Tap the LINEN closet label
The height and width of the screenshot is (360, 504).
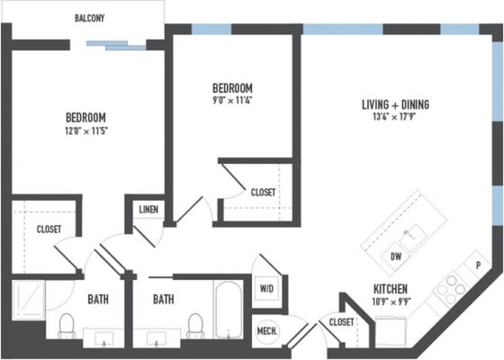[x=148, y=210]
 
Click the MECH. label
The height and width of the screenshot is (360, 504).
[x=268, y=330]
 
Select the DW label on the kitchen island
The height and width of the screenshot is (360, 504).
[x=396, y=257]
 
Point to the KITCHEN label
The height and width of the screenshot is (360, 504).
[x=391, y=289]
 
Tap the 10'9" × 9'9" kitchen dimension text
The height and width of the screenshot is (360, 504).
[x=391, y=301]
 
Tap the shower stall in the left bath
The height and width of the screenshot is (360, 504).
[x=29, y=299]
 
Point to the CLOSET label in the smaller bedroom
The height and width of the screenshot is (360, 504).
[x=263, y=193]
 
